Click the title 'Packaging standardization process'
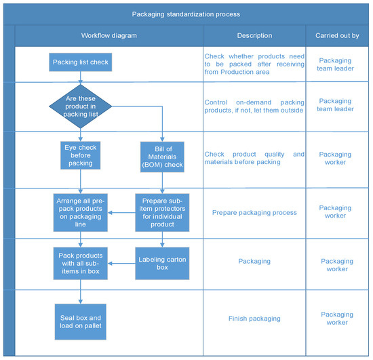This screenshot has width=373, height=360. point(186,14)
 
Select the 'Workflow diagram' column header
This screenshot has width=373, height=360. point(109,35)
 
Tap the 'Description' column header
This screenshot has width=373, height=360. point(254,35)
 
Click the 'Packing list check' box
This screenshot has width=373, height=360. point(80,63)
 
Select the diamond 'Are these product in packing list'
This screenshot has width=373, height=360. point(80,107)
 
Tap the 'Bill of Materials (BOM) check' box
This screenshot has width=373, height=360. point(162,155)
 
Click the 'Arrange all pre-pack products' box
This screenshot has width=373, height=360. point(80,212)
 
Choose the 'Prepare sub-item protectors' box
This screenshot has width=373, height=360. point(162,212)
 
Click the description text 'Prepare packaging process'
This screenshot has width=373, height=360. point(254,212)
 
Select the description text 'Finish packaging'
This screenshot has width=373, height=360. point(254,319)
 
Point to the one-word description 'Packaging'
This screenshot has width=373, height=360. point(254,260)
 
